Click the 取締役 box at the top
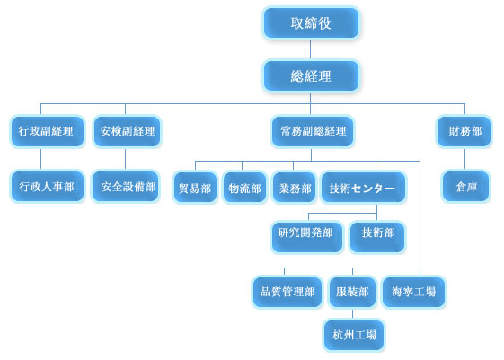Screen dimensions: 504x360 (311, 22)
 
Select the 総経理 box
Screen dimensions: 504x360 (311, 76)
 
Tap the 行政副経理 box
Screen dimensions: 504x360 (48, 131)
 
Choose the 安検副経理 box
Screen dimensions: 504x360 (128, 131)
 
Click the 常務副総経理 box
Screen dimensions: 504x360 (313, 131)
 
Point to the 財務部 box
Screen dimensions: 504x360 (464, 131)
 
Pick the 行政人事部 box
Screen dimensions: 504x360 (48, 187)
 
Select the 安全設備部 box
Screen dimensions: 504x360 (126, 187)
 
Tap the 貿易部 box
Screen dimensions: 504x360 (195, 188)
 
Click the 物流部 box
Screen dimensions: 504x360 (245, 188)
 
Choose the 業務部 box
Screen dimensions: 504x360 (295, 188)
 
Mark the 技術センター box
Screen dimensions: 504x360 (364, 188)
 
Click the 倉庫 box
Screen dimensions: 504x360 (465, 187)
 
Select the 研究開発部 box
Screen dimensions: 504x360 (307, 237)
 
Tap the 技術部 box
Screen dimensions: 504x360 (377, 237)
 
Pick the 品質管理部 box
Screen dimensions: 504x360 (287, 292)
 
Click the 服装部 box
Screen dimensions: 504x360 (352, 292)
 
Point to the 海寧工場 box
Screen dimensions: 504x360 (413, 292)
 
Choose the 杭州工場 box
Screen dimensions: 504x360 (354, 335)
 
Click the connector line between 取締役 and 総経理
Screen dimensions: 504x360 (311, 49)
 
